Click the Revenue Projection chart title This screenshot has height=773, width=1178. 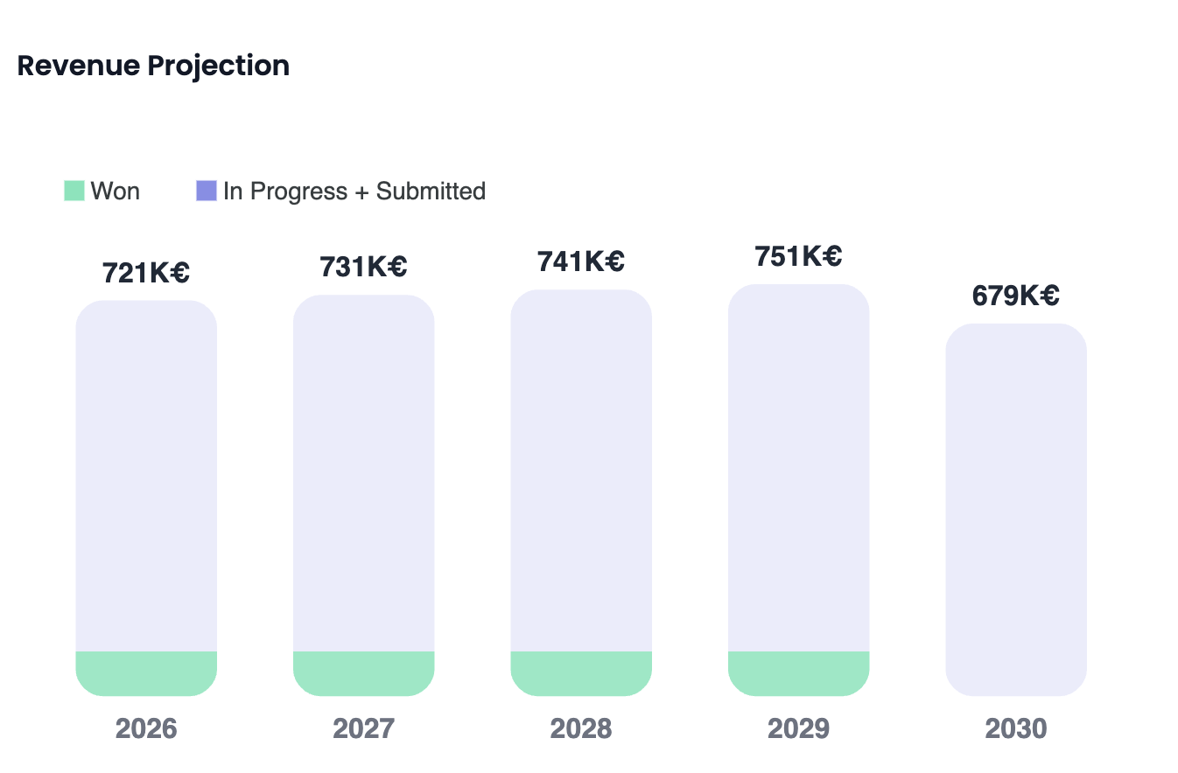153,66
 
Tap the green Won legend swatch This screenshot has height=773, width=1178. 74,191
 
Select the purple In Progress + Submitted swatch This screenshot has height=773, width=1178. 207,191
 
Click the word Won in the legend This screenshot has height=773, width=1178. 116,191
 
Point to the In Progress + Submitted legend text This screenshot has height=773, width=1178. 354,191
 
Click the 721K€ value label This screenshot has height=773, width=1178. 146,273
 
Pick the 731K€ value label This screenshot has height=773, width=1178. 363,267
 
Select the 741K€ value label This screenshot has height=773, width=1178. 581,261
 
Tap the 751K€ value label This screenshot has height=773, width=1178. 798,256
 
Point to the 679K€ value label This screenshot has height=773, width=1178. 1016,296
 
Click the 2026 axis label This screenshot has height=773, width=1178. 146,728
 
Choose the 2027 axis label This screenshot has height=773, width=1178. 363,728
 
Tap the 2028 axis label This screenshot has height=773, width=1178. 581,728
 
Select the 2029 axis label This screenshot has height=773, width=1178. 798,728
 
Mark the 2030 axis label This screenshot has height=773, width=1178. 1016,728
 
